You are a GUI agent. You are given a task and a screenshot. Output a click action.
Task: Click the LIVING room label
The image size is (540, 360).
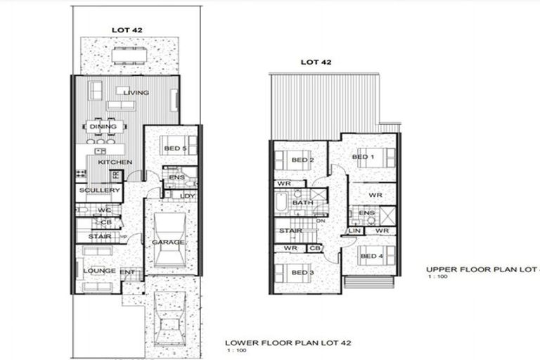(136, 92)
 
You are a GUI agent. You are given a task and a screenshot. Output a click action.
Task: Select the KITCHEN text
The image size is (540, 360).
(115, 162)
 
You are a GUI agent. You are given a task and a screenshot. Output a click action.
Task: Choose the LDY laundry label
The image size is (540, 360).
(187, 195)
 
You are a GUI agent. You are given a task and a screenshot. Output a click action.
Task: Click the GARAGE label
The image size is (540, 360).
(171, 243)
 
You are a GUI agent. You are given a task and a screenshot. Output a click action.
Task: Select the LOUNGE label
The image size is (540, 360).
(99, 270)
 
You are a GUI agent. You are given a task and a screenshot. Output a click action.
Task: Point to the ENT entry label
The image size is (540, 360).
(128, 271)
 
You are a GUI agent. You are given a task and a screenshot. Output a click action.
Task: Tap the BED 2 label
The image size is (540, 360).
(301, 160)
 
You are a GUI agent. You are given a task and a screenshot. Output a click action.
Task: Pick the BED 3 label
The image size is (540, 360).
(301, 272)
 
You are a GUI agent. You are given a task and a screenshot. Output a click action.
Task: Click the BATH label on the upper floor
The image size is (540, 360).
(303, 202)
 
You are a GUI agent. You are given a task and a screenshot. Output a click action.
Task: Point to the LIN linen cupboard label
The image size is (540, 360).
(354, 231)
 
